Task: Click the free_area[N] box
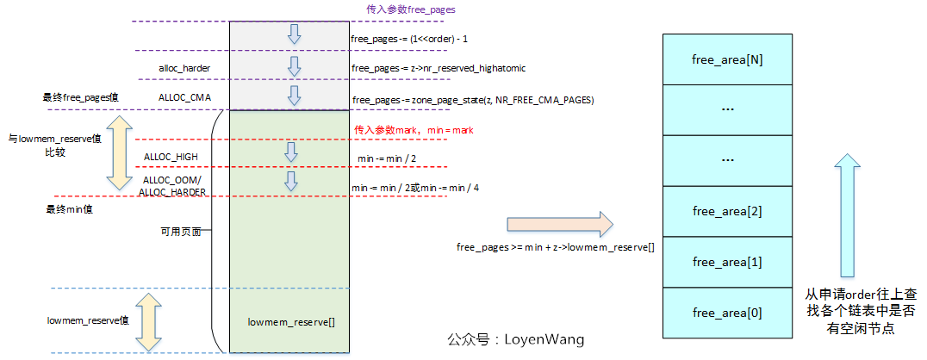726,59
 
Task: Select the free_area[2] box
726,211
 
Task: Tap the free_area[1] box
726,262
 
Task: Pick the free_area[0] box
726,313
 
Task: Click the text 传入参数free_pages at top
411,9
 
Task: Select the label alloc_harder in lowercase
184,69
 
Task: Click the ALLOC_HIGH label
171,157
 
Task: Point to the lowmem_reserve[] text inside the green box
291,322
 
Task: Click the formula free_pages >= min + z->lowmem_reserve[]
555,246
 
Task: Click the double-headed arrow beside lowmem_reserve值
147,323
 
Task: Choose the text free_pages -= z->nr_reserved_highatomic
439,69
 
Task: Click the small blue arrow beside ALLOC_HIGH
289,152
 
